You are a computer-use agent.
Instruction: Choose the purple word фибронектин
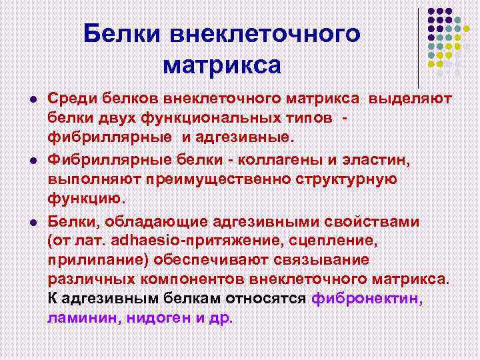[366, 299]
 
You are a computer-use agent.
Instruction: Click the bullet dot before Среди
[31, 100]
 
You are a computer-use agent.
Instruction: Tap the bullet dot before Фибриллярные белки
[31, 161]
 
